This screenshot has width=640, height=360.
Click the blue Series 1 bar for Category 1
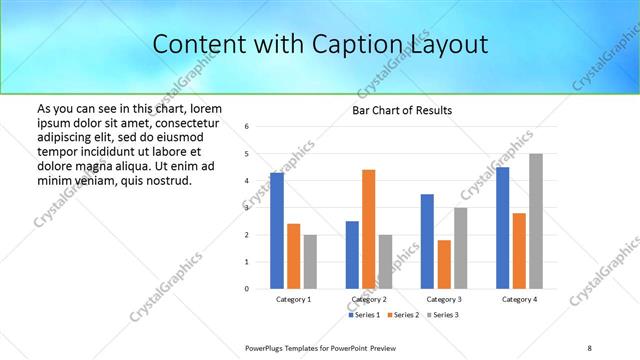pos(277,231)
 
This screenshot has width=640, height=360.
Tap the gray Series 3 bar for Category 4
pos(536,221)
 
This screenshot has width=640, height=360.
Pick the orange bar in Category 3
pos(444,264)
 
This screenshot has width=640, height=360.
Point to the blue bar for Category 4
pos(502,228)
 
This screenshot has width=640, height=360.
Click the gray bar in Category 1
pos(310,262)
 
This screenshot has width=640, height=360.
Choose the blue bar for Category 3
pos(427,241)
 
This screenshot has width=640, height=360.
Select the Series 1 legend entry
pos(364,315)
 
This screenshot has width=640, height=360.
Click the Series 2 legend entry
pos(402,315)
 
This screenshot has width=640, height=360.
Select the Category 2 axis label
pos(369,299)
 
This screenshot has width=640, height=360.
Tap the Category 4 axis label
pos(519,299)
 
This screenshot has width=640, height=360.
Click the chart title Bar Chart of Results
pos(402,110)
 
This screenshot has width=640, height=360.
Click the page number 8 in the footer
pos(589,347)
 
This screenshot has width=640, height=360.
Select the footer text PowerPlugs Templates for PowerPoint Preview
pos(322,347)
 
